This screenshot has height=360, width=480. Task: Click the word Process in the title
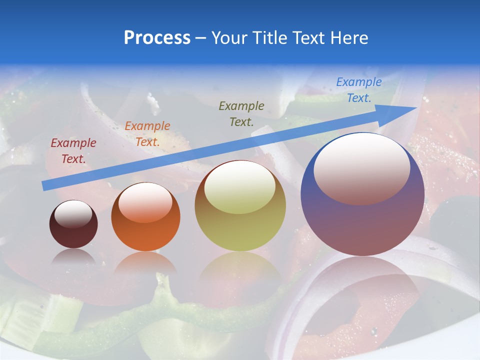(x=157, y=38)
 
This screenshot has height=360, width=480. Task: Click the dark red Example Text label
(x=73, y=151)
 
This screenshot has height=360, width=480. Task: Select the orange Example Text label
(x=147, y=133)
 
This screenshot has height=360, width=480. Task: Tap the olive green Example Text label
(x=241, y=113)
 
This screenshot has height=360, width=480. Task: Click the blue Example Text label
(x=358, y=90)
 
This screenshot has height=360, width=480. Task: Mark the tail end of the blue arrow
(x=45, y=185)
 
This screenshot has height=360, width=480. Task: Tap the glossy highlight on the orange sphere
(x=145, y=202)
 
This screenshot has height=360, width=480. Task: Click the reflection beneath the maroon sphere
(x=73, y=257)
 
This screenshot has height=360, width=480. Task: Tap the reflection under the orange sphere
(x=145, y=262)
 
